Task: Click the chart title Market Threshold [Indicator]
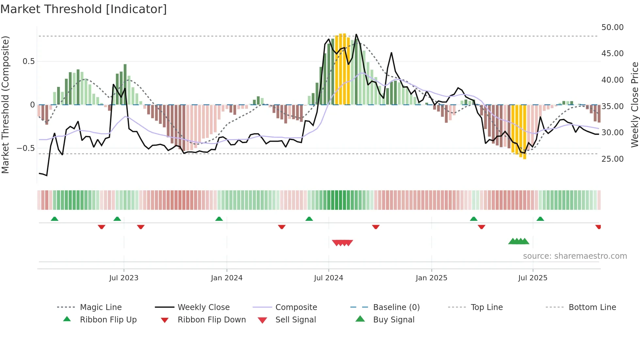coord(84,9)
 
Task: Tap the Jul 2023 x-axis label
coord(124,278)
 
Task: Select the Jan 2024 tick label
coord(227,278)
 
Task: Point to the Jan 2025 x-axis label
coord(431,278)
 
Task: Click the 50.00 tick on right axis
coord(612,27)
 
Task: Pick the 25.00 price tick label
coord(612,159)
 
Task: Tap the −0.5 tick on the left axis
coord(25,148)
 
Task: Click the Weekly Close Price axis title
coord(634,105)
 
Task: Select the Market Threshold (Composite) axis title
coord(6,105)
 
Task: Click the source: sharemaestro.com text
coord(575,256)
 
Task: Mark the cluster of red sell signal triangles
coord(342,243)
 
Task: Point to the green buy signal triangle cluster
coord(519,241)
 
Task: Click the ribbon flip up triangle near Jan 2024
coord(219,219)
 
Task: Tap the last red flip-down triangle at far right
coord(598,227)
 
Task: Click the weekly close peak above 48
coord(356,35)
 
